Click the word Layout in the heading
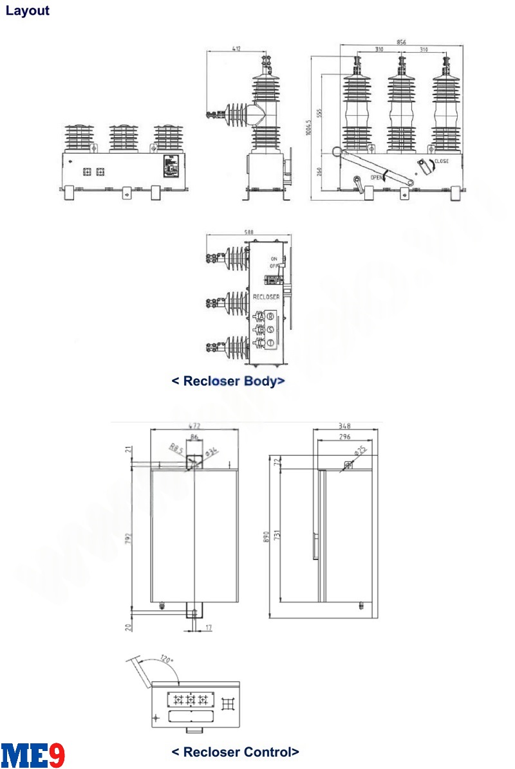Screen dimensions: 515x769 [x=28, y=11]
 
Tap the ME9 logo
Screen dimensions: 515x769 [x=33, y=754]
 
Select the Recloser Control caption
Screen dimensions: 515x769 [x=235, y=752]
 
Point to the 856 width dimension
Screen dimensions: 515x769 [x=402, y=42]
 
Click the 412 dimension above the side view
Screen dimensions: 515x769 [x=237, y=49]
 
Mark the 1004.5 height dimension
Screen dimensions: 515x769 [x=309, y=125]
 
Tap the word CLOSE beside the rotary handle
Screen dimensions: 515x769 [x=441, y=161]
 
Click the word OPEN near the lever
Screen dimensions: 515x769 [x=377, y=177]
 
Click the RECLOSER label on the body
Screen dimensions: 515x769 [x=267, y=297]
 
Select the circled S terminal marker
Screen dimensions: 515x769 [x=270, y=329]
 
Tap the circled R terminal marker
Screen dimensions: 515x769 [x=270, y=316]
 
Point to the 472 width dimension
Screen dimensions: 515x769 [x=194, y=426]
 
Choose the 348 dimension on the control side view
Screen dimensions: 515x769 [x=346, y=426]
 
